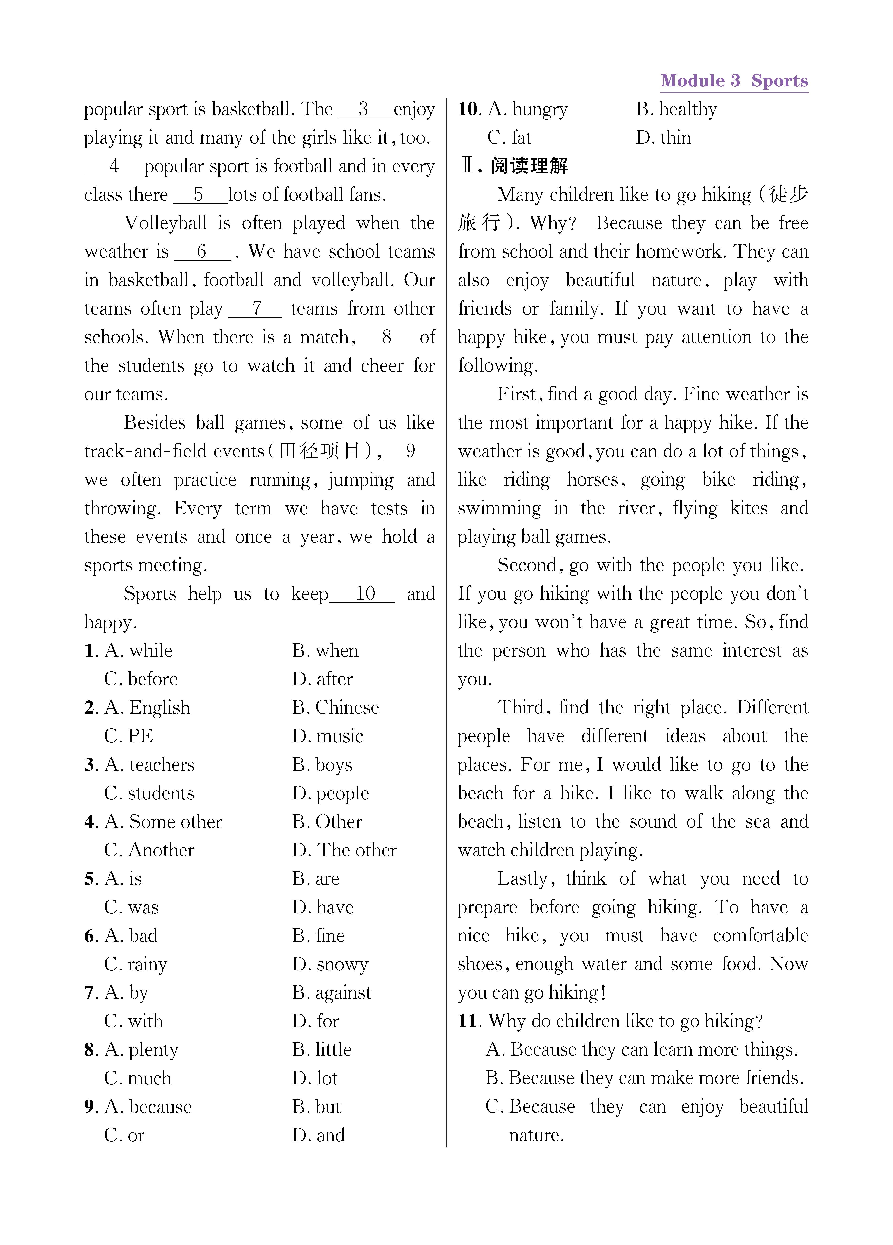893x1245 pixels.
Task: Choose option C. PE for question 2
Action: pos(129,736)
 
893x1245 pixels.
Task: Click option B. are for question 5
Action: pos(316,879)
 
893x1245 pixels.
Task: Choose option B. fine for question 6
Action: pos(318,936)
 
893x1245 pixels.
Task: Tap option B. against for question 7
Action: pos(331,993)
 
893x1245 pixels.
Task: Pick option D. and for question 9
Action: pos(318,1135)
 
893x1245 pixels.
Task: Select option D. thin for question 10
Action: pos(663,138)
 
